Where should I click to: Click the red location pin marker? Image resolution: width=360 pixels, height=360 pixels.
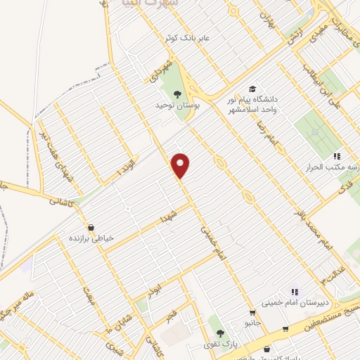(181, 165)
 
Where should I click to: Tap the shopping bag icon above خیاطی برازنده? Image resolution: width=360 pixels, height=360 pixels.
(90, 226)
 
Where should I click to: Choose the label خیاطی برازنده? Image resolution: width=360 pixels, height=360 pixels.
(90, 238)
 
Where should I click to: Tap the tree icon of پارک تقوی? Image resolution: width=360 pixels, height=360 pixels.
(220, 333)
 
